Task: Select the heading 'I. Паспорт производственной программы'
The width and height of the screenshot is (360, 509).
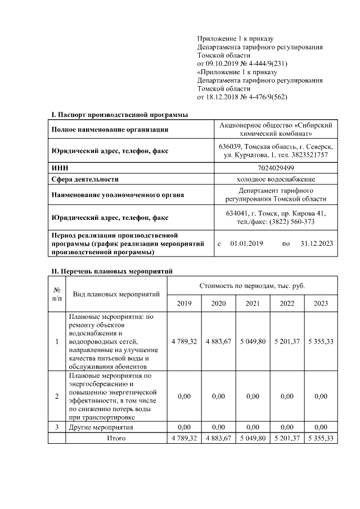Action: (120, 115)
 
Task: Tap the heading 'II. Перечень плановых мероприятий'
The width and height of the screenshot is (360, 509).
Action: (112, 271)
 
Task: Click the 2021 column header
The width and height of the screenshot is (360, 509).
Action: (253, 303)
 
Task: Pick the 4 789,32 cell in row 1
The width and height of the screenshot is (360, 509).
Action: (184, 341)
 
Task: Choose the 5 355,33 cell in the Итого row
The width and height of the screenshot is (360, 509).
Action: (321, 438)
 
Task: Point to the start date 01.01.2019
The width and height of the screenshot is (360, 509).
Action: (247, 244)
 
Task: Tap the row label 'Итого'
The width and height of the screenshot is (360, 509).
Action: (116, 438)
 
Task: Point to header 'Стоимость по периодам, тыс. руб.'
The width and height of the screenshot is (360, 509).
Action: (253, 286)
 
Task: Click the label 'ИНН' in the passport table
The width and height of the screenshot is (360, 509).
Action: (59, 168)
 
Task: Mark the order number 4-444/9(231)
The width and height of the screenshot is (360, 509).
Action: (263, 64)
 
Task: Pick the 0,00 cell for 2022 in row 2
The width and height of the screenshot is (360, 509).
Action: (287, 396)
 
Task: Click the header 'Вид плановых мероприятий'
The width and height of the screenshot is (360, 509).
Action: (116, 294)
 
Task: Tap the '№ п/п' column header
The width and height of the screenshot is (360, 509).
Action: (57, 294)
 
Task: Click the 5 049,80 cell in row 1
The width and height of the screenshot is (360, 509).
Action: (253, 341)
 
